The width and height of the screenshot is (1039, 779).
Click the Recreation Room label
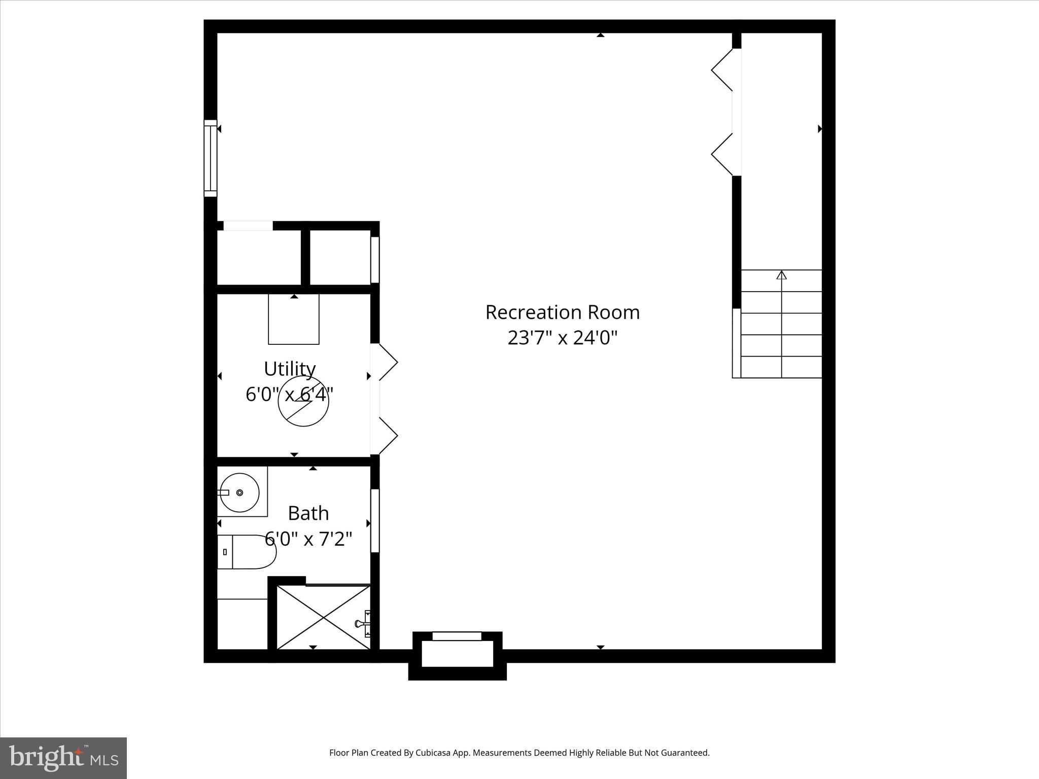[562, 312]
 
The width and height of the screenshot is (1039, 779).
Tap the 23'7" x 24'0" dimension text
[562, 338]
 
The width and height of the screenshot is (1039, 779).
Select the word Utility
[290, 369]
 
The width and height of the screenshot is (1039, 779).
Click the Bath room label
[308, 513]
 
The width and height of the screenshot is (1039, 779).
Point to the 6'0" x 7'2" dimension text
[308, 539]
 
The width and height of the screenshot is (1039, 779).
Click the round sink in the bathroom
[239, 492]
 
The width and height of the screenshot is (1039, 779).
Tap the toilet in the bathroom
[247, 551]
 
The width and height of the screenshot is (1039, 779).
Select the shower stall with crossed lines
[323, 617]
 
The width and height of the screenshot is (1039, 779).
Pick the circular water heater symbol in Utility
[303, 401]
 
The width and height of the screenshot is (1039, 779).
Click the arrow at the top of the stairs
[781, 275]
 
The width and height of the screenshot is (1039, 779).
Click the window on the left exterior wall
[210, 158]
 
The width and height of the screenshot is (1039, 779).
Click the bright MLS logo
[63, 758]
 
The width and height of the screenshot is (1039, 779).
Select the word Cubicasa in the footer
[433, 753]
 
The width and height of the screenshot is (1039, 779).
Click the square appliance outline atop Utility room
[294, 319]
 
